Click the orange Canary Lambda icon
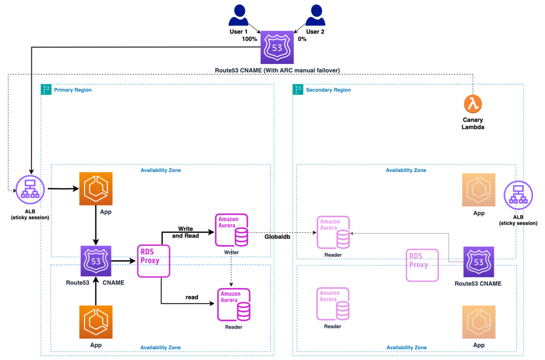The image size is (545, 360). [x=473, y=104]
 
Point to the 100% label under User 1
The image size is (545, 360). [x=250, y=39]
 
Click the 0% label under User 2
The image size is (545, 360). [x=301, y=39]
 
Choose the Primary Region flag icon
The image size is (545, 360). [x=46, y=89]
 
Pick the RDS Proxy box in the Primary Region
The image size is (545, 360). [x=153, y=260]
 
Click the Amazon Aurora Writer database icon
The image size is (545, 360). [x=232, y=230]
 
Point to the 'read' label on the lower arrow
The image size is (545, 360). [x=193, y=297]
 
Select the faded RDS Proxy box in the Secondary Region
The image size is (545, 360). [x=422, y=265]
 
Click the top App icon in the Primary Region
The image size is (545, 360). [x=95, y=189]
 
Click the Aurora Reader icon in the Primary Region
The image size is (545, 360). [x=233, y=304]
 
